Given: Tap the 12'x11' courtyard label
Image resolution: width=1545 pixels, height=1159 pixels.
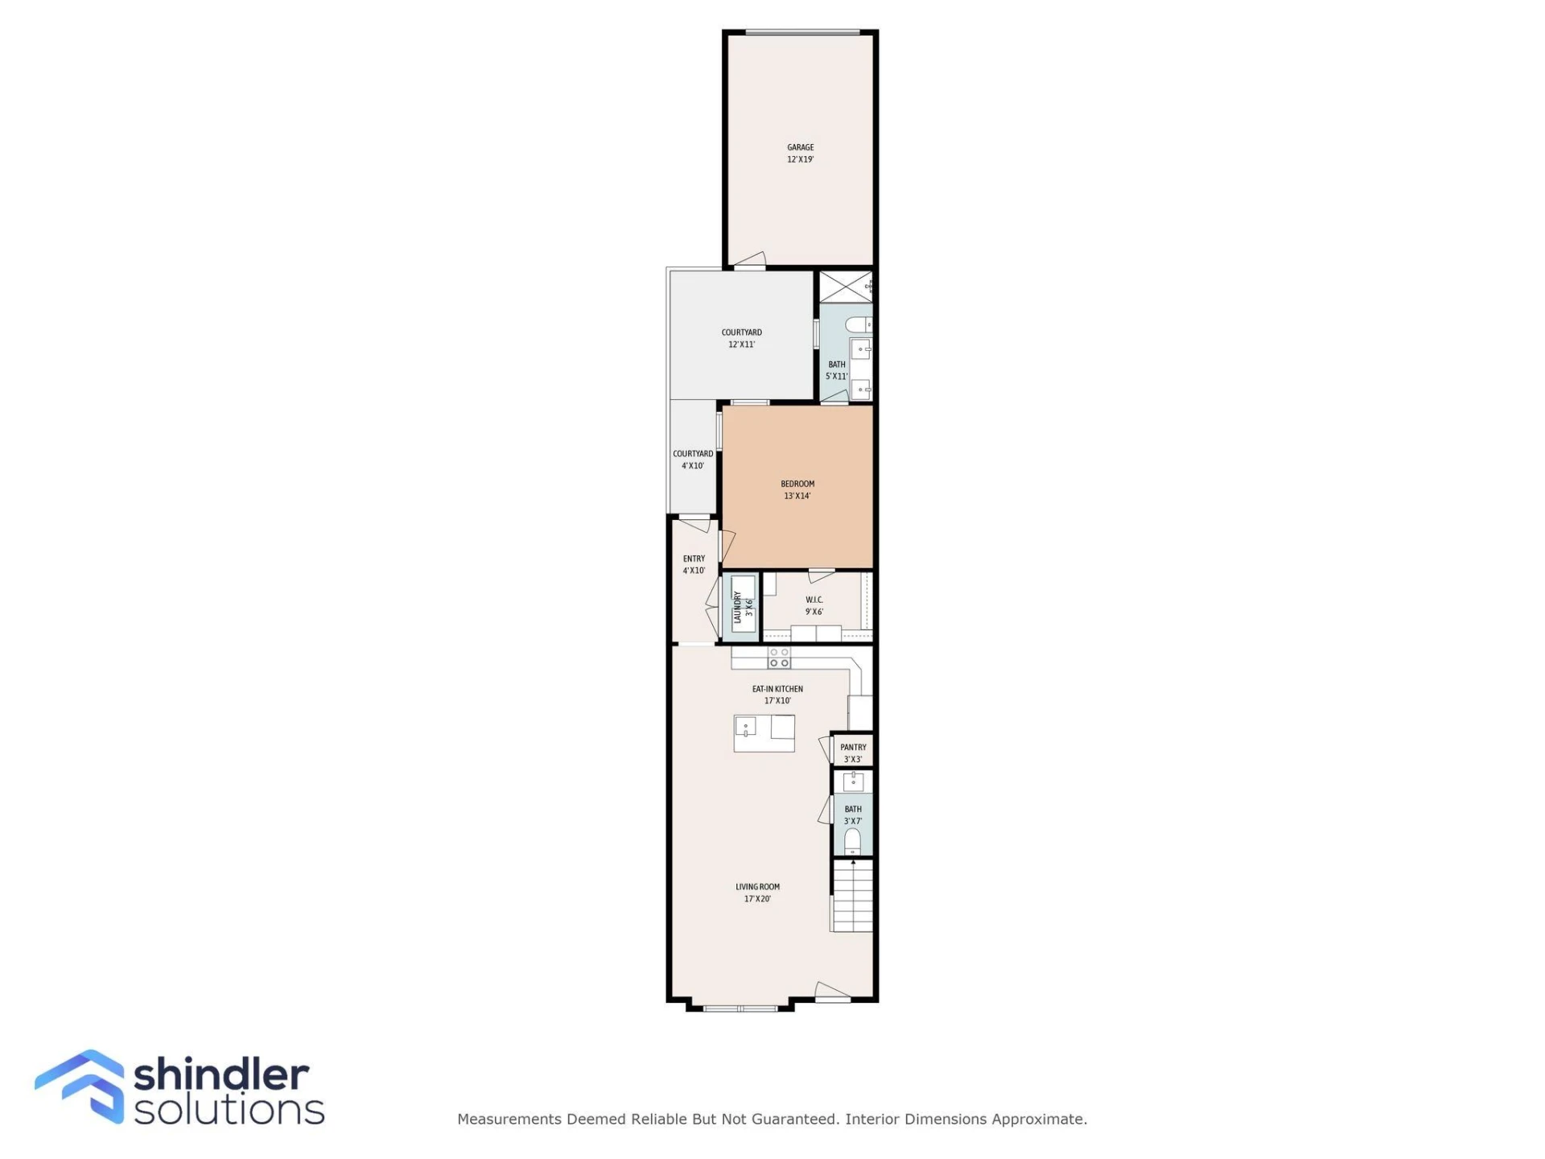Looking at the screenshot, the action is tap(741, 338).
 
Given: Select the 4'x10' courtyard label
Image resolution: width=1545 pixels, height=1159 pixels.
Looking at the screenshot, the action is tap(693, 460).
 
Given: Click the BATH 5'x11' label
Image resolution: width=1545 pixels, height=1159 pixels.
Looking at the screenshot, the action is tap(837, 370).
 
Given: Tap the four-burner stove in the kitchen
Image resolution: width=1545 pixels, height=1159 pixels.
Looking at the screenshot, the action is tap(779, 658).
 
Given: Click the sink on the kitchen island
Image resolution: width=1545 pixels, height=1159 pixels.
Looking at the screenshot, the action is tap(745, 728).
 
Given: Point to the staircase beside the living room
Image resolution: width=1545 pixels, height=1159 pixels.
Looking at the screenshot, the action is tap(852, 896).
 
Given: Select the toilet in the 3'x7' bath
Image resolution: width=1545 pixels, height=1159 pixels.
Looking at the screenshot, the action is tap(852, 841).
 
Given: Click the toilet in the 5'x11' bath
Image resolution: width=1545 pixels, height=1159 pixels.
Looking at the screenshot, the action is tap(858, 324).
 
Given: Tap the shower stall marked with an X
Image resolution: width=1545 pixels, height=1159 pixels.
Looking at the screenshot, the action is tap(846, 287).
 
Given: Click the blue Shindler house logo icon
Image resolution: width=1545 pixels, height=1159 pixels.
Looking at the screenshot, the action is tap(80, 1086).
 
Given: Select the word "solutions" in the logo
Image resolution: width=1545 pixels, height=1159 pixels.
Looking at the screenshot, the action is tap(229, 1109).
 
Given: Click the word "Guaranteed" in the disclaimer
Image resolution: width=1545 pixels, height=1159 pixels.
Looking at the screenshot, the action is tap(794, 1119).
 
